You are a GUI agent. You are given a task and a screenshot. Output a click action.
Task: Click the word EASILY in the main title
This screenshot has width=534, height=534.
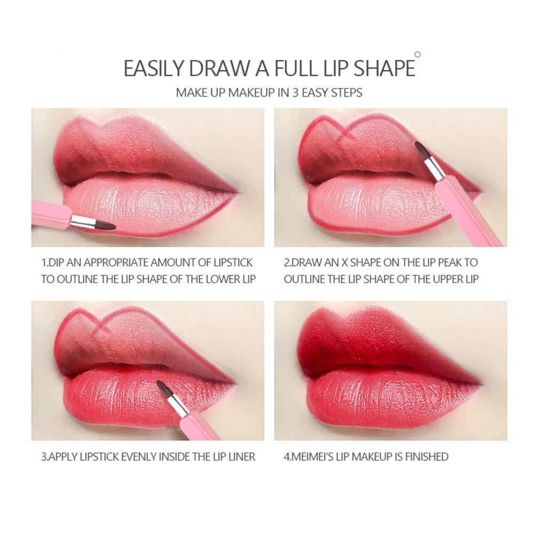(x=153, y=68)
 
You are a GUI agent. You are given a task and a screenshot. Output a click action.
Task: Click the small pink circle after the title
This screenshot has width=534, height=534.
(x=418, y=54)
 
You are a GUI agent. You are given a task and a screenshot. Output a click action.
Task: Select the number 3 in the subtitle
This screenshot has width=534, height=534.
(x=295, y=92)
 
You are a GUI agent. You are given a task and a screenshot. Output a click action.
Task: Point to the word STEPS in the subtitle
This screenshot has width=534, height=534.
(x=347, y=92)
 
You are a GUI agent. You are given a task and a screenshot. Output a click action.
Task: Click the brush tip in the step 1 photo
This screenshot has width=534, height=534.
(x=106, y=225)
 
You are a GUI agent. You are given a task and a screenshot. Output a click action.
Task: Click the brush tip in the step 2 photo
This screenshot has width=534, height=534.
(x=421, y=150)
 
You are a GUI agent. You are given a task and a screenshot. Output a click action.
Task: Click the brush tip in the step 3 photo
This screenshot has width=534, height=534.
(x=162, y=388)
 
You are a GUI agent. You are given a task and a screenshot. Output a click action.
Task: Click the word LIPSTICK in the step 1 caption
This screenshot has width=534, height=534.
(x=233, y=263)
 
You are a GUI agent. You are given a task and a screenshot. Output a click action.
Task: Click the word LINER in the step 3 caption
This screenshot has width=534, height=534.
(x=241, y=457)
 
